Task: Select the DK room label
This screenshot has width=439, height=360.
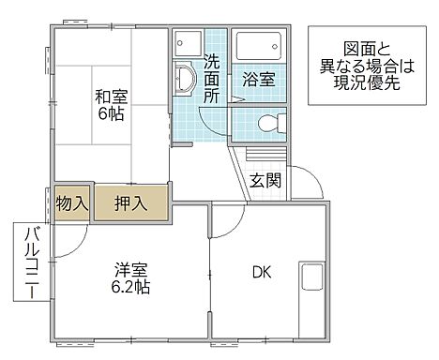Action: point(261,273)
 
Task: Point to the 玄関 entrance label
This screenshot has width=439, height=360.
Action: point(265,180)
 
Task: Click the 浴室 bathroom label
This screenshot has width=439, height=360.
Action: point(259,79)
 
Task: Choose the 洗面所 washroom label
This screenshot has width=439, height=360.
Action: point(212,79)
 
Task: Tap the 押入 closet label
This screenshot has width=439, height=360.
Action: point(129,202)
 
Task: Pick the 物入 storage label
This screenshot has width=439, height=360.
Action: point(72,202)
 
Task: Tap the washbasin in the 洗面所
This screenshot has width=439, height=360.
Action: point(184,82)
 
